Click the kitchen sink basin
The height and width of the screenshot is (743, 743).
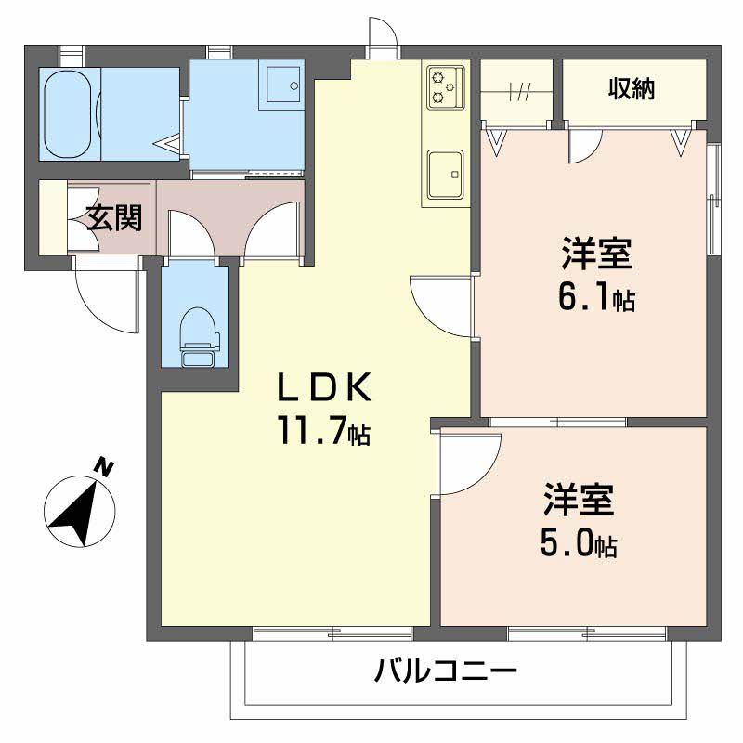446,171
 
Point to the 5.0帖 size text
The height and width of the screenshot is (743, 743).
577,544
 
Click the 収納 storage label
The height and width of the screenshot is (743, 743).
632,89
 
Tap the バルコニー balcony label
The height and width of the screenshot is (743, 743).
446,671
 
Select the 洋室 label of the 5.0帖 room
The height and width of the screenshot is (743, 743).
577,502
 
